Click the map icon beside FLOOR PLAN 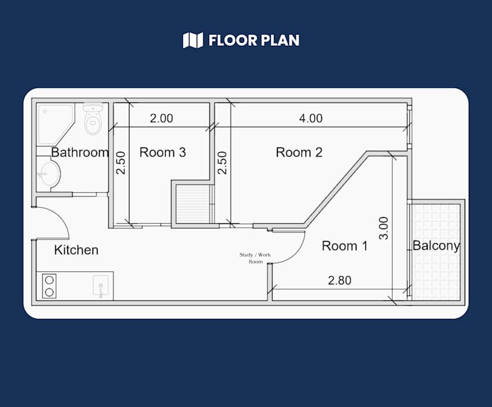point(193,40)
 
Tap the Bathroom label point(80,152)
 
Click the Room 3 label point(162,152)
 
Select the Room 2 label point(299,152)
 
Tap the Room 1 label point(345,246)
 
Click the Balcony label point(436,245)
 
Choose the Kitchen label point(76,250)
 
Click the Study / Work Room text point(255,258)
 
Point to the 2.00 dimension point(161,118)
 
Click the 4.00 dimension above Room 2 point(310,118)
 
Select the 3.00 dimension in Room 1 point(383,228)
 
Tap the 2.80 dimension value point(339,280)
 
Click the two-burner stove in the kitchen point(49,286)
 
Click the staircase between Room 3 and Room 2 point(194,204)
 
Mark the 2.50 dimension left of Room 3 point(121,162)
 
